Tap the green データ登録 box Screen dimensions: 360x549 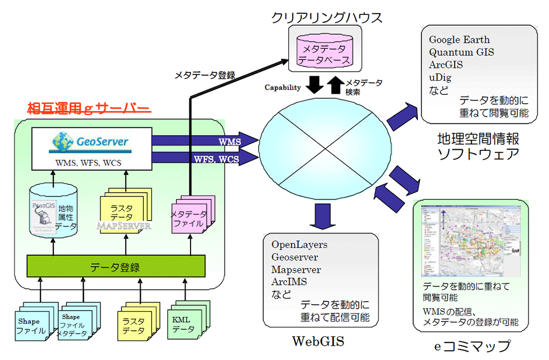pyautogui.click(x=115, y=267)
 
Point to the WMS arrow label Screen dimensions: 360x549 pyautogui.click(x=230, y=142)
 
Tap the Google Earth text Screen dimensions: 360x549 pyautogui.click(x=460, y=40)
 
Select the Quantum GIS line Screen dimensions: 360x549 pyautogui.click(x=462, y=53)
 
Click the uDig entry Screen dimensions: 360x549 pyautogui.click(x=440, y=78)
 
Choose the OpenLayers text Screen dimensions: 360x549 pyautogui.click(x=299, y=244)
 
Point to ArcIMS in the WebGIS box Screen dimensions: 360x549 pyautogui.click(x=289, y=282)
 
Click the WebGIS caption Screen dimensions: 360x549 pyautogui.click(x=317, y=341)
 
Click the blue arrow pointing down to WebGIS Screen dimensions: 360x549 pyautogui.click(x=318, y=216)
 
